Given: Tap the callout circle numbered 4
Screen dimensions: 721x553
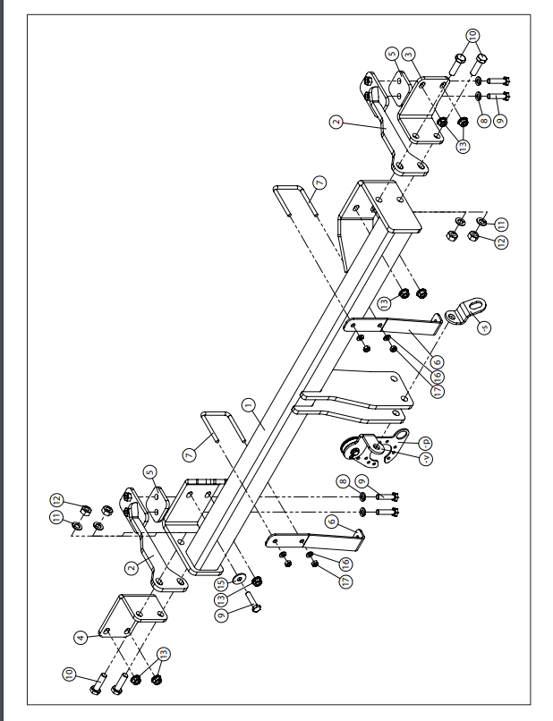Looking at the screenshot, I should (x=81, y=637).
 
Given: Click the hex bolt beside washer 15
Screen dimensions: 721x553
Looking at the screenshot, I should (x=251, y=602).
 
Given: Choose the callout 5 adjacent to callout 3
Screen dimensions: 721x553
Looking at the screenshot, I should (x=390, y=55).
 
